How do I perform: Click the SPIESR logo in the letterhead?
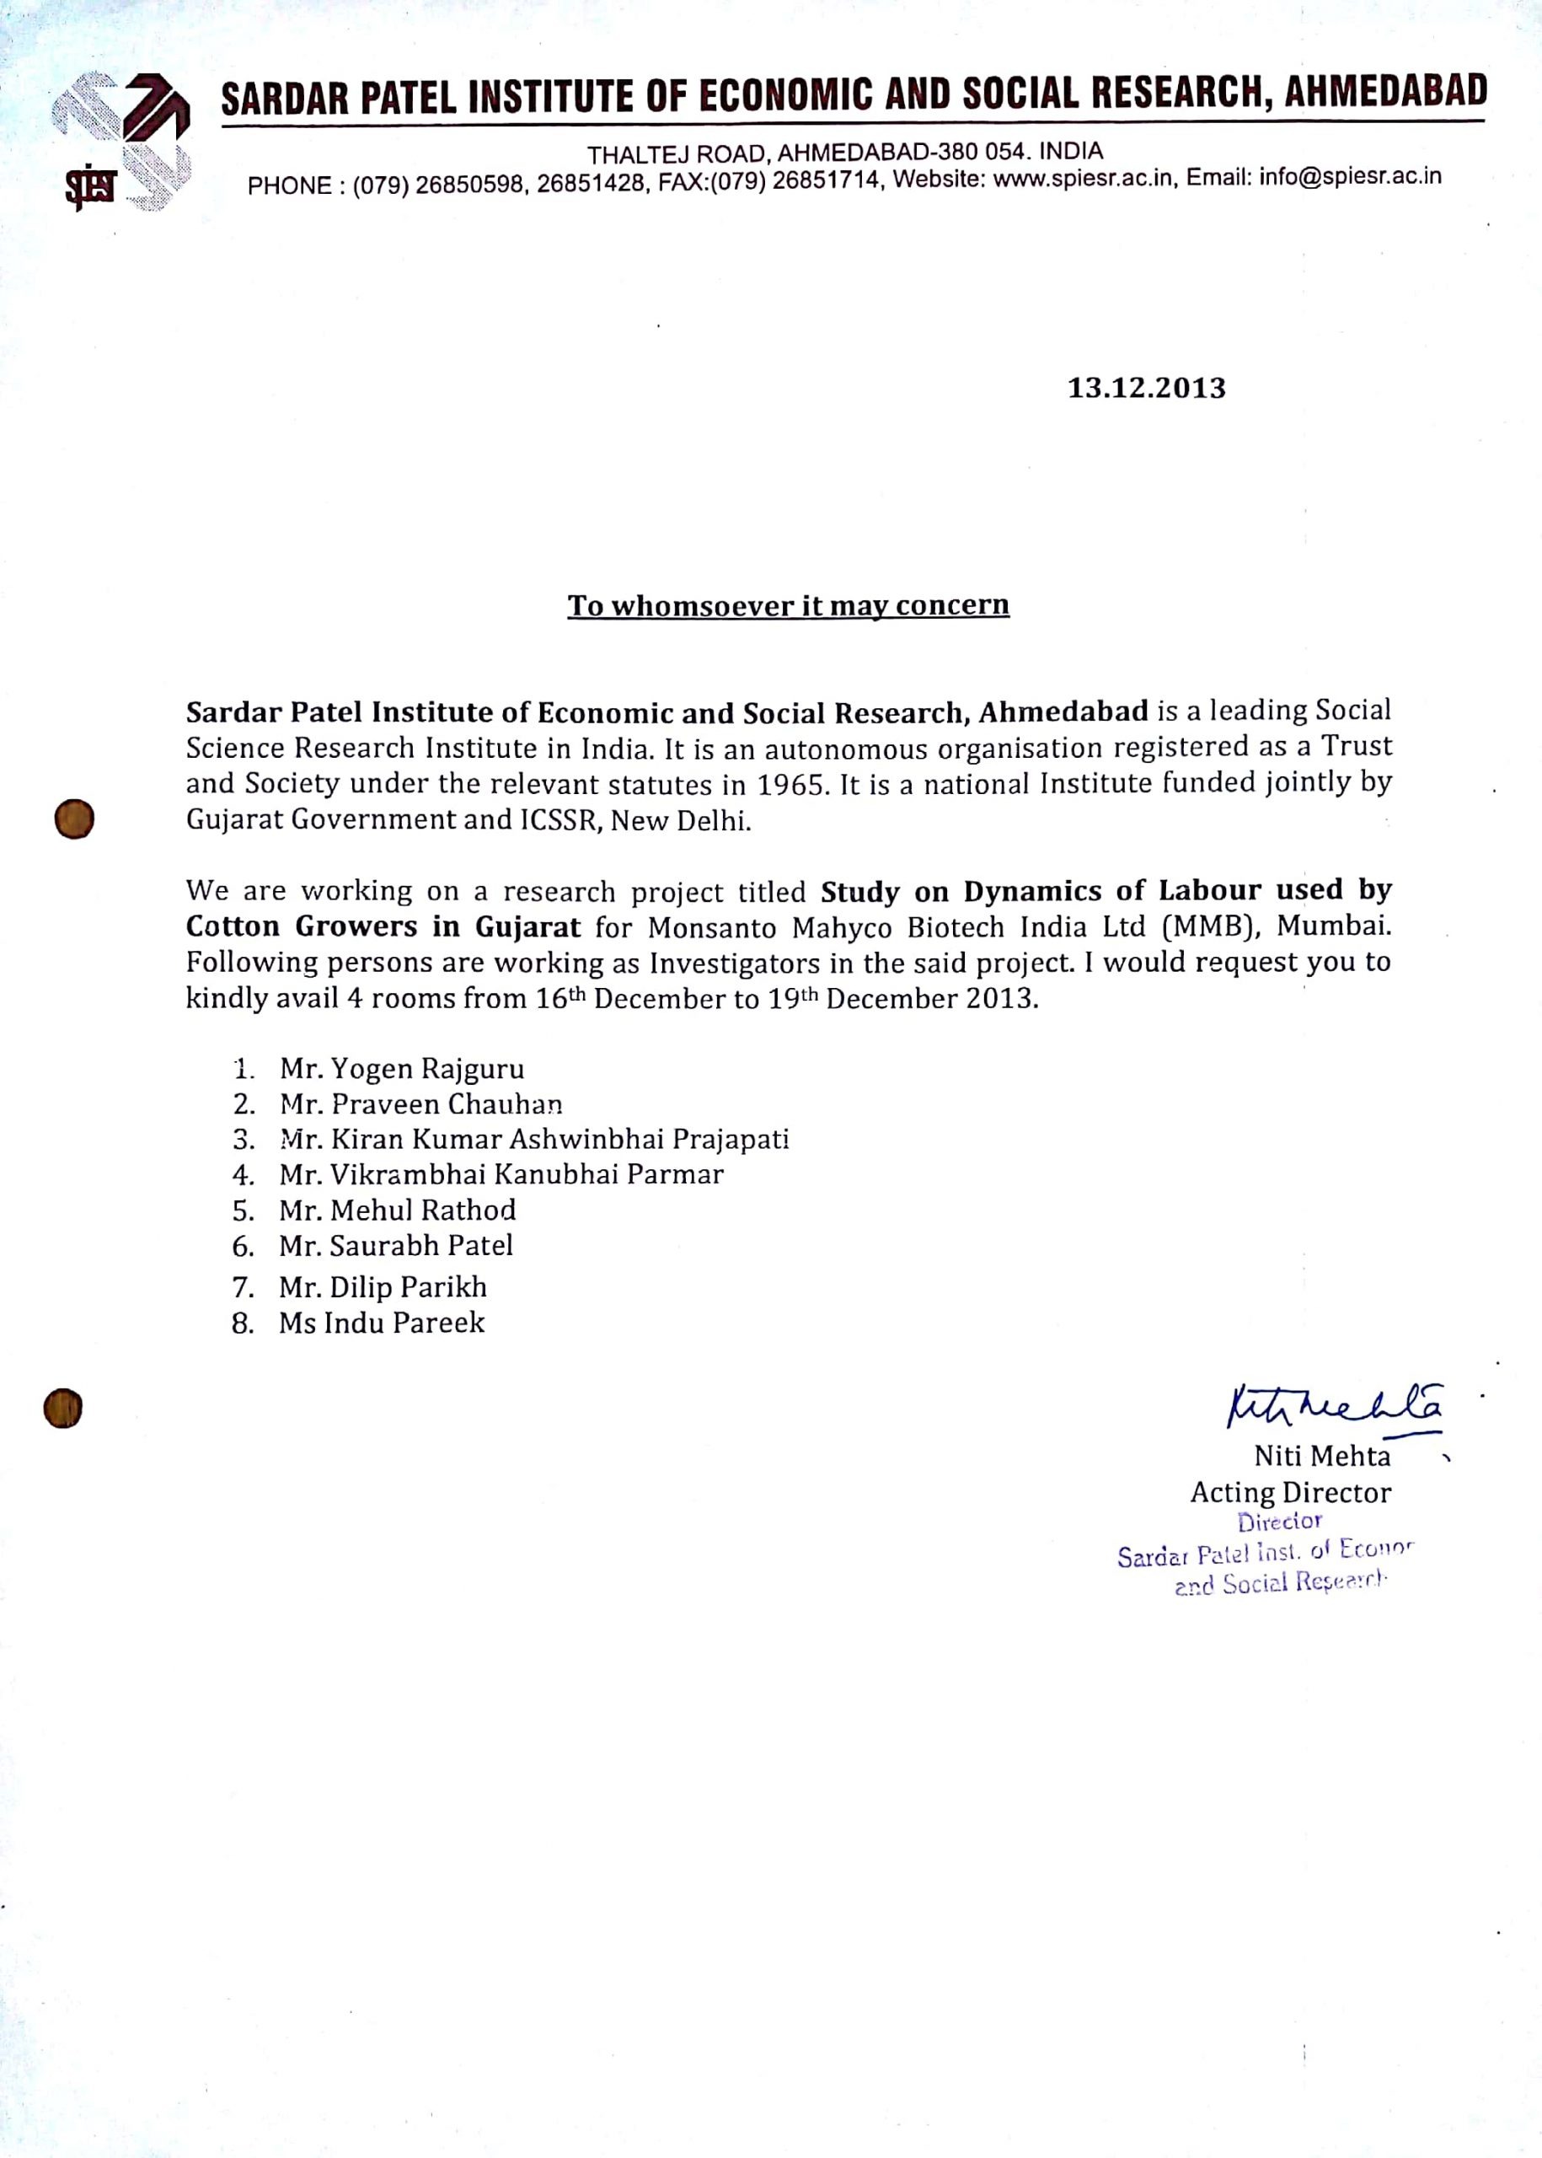tap(121, 141)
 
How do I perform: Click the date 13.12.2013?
tap(1146, 389)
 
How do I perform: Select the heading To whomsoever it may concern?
tap(788, 606)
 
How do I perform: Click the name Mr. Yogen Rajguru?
tap(402, 1070)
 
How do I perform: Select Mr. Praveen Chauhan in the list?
tap(420, 1104)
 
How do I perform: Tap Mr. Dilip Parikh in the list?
tap(383, 1288)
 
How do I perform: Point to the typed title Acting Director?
tap(1290, 1493)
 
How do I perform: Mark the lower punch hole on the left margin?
tap(62, 1408)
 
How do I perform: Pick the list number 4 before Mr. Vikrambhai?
tap(242, 1176)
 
